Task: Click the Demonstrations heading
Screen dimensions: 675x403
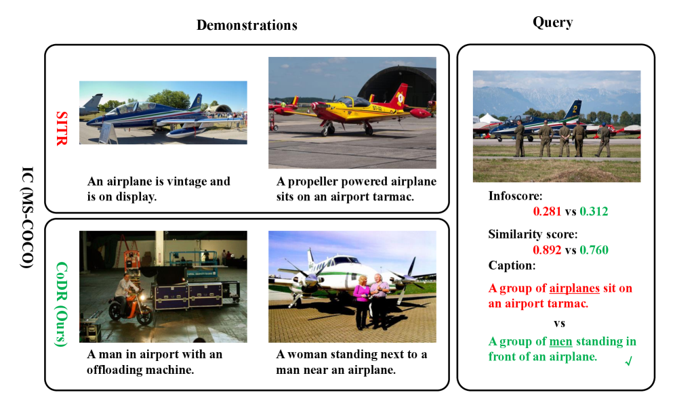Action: point(247,25)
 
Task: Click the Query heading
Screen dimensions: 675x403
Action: point(553,22)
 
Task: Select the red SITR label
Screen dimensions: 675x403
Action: point(62,128)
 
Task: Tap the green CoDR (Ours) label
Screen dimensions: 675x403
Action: point(62,303)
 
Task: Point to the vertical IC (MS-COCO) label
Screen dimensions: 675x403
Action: point(27,217)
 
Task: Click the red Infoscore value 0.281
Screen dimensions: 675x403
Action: point(547,211)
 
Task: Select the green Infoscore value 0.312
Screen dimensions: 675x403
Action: point(594,211)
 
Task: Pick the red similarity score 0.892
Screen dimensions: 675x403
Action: point(547,250)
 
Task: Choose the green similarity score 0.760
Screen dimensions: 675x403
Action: point(594,250)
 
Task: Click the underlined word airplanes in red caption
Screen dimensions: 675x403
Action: point(574,288)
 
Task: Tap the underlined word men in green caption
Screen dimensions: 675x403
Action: point(560,341)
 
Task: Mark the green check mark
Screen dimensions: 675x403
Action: point(628,361)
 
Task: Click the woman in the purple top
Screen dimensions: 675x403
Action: point(362,301)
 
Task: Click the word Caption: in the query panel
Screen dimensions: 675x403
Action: point(512,266)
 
